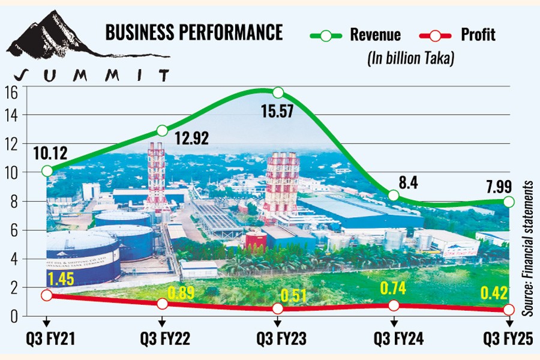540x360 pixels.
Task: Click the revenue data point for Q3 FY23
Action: [x=278, y=92]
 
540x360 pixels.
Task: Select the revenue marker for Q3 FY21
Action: [x=46, y=171]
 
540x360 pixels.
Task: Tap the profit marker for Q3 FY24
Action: [x=394, y=305]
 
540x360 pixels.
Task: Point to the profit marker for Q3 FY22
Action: [x=162, y=304]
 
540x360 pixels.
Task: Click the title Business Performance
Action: [x=194, y=32]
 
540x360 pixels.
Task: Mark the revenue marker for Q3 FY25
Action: [x=509, y=202]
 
